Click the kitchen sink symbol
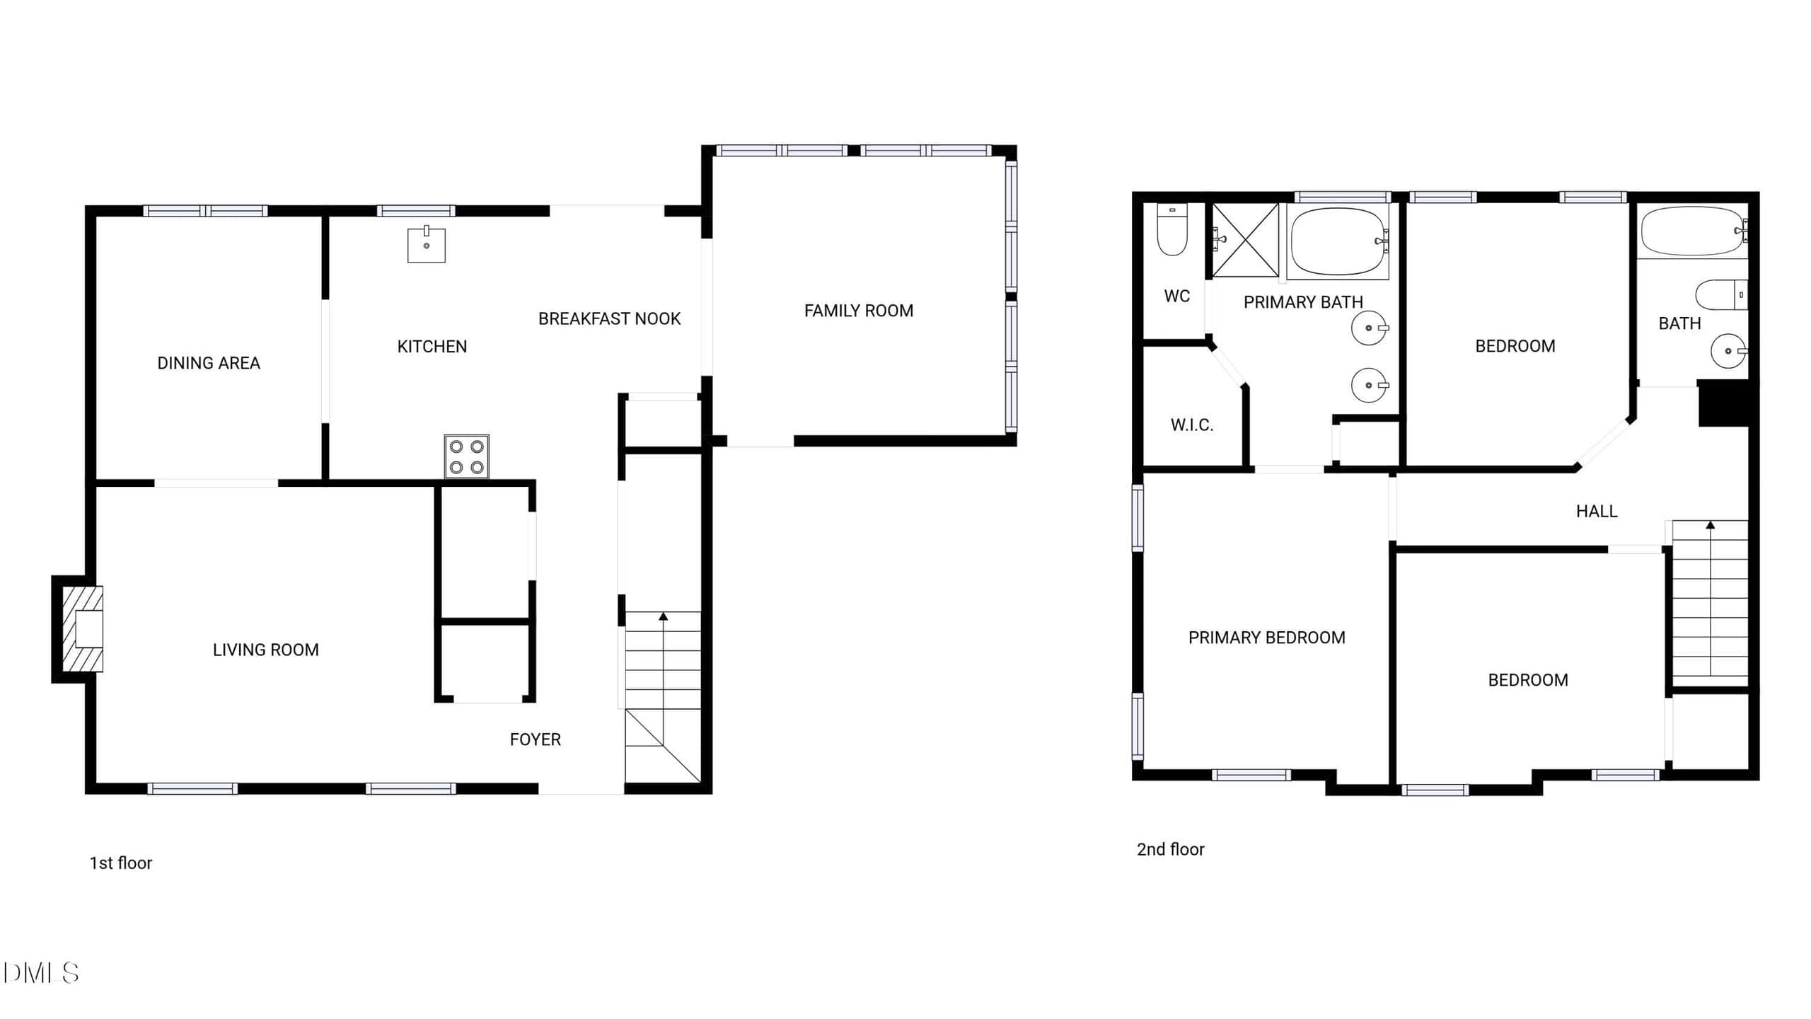pos(427,244)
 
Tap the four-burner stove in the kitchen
pos(467,456)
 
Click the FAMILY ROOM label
pos(859,311)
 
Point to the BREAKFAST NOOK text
pos(610,319)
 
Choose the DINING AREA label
pos(209,363)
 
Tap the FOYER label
pos(536,739)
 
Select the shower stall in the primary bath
pos(1246,240)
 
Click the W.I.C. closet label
pos(1192,425)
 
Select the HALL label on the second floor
pos(1597,511)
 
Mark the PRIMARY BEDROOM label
pos(1267,638)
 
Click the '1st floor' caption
pos(121,863)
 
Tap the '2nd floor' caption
pos(1170,849)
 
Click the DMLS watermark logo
pos(40,973)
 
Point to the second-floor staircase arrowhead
pos(1711,525)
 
